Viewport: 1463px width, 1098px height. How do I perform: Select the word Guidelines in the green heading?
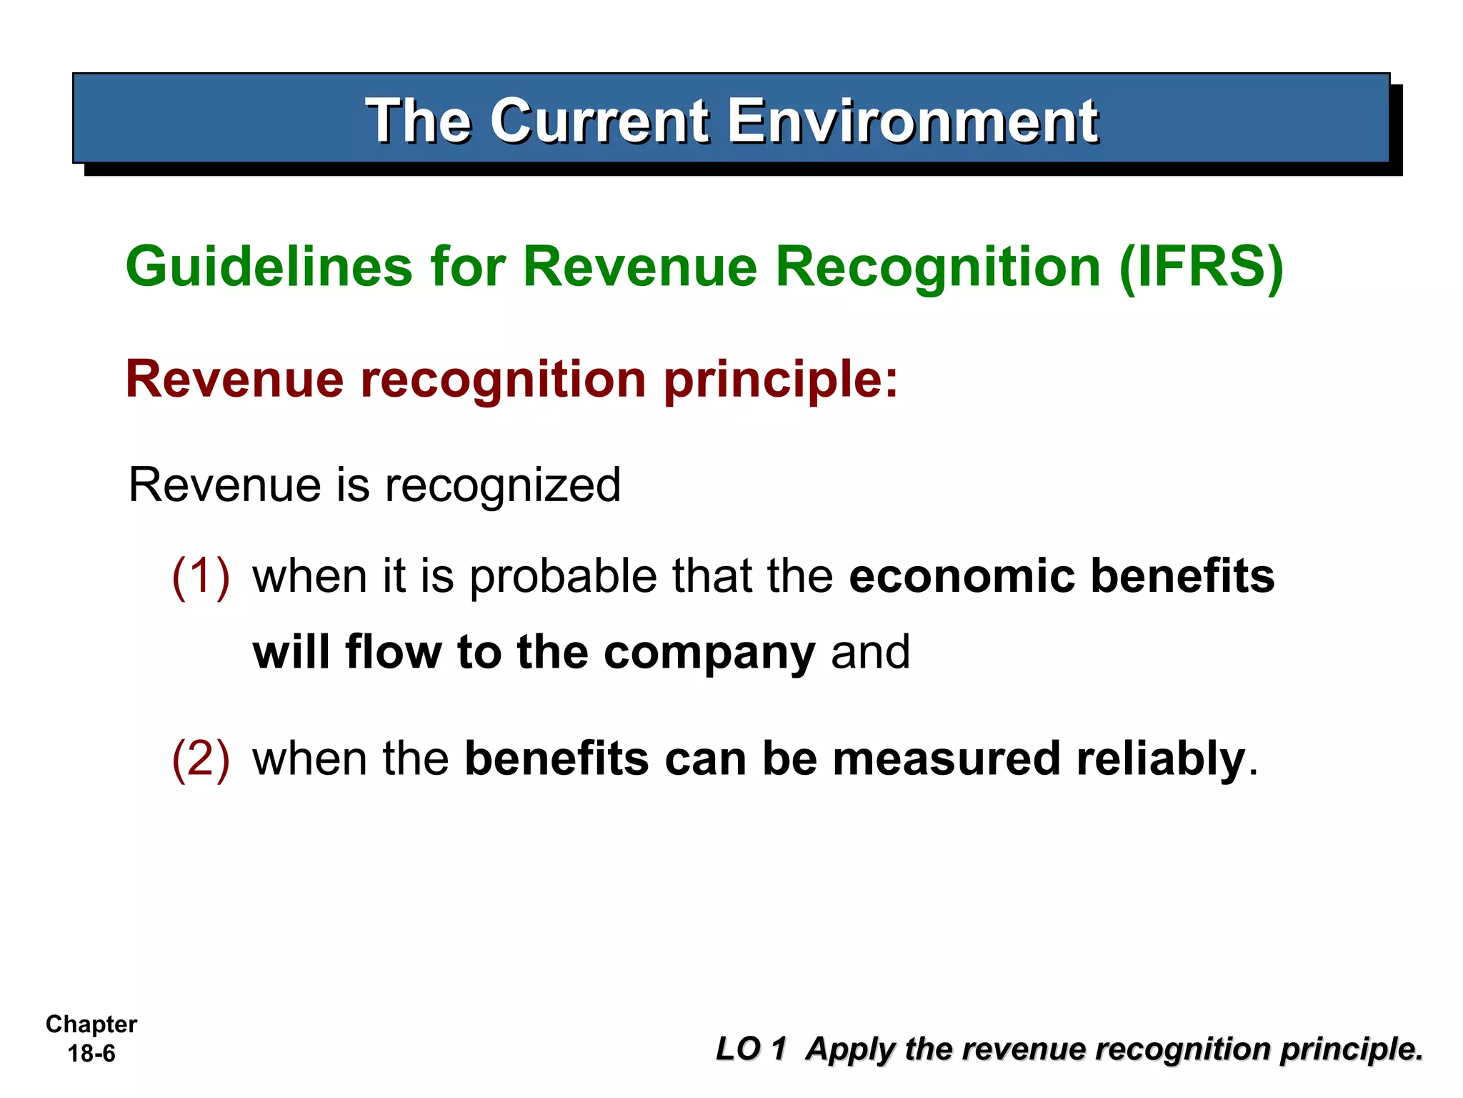pyautogui.click(x=269, y=267)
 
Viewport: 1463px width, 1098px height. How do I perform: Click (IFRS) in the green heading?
pyautogui.click(x=1202, y=267)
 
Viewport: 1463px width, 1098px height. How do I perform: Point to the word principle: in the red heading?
pyautogui.click(x=780, y=380)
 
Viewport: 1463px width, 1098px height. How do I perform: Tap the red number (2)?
pyautogui.click(x=201, y=758)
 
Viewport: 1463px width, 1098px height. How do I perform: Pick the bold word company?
pyautogui.click(x=709, y=653)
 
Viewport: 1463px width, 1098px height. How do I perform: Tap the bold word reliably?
pyautogui.click(x=1160, y=760)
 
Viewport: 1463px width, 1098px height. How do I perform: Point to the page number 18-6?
pyautogui.click(x=91, y=1054)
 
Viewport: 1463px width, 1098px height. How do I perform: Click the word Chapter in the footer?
pyautogui.click(x=91, y=1024)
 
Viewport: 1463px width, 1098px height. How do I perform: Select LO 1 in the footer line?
pyautogui.click(x=751, y=1049)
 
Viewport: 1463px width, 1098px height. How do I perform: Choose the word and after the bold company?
pyautogui.click(x=870, y=652)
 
